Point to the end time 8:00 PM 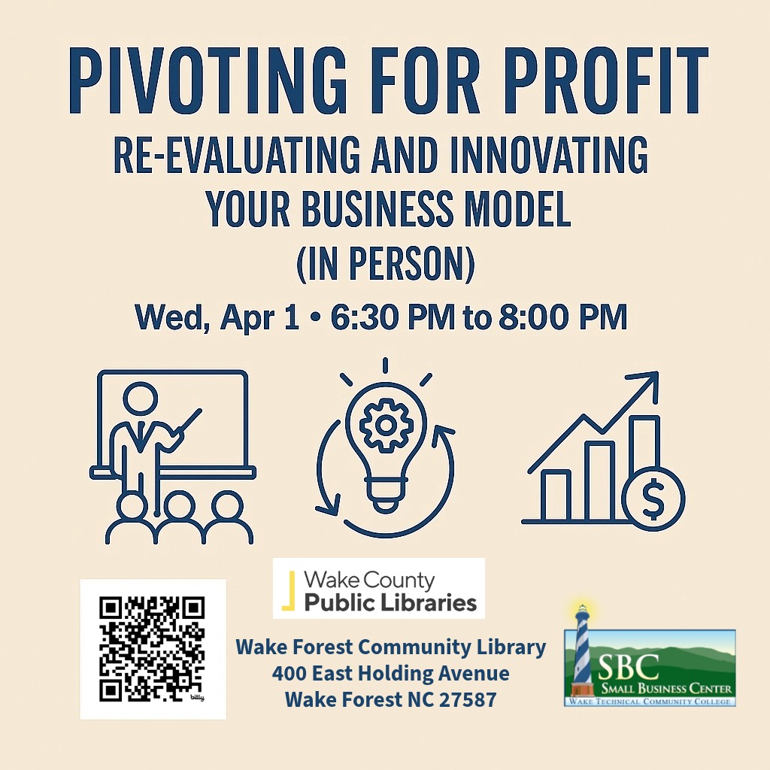coord(563,317)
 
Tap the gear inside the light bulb coord(386,426)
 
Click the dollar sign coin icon coord(653,499)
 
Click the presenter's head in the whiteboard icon coord(141,399)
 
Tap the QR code coord(152,649)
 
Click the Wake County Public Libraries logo coord(379,588)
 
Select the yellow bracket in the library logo coord(289,590)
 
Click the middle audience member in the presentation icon coord(179,517)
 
